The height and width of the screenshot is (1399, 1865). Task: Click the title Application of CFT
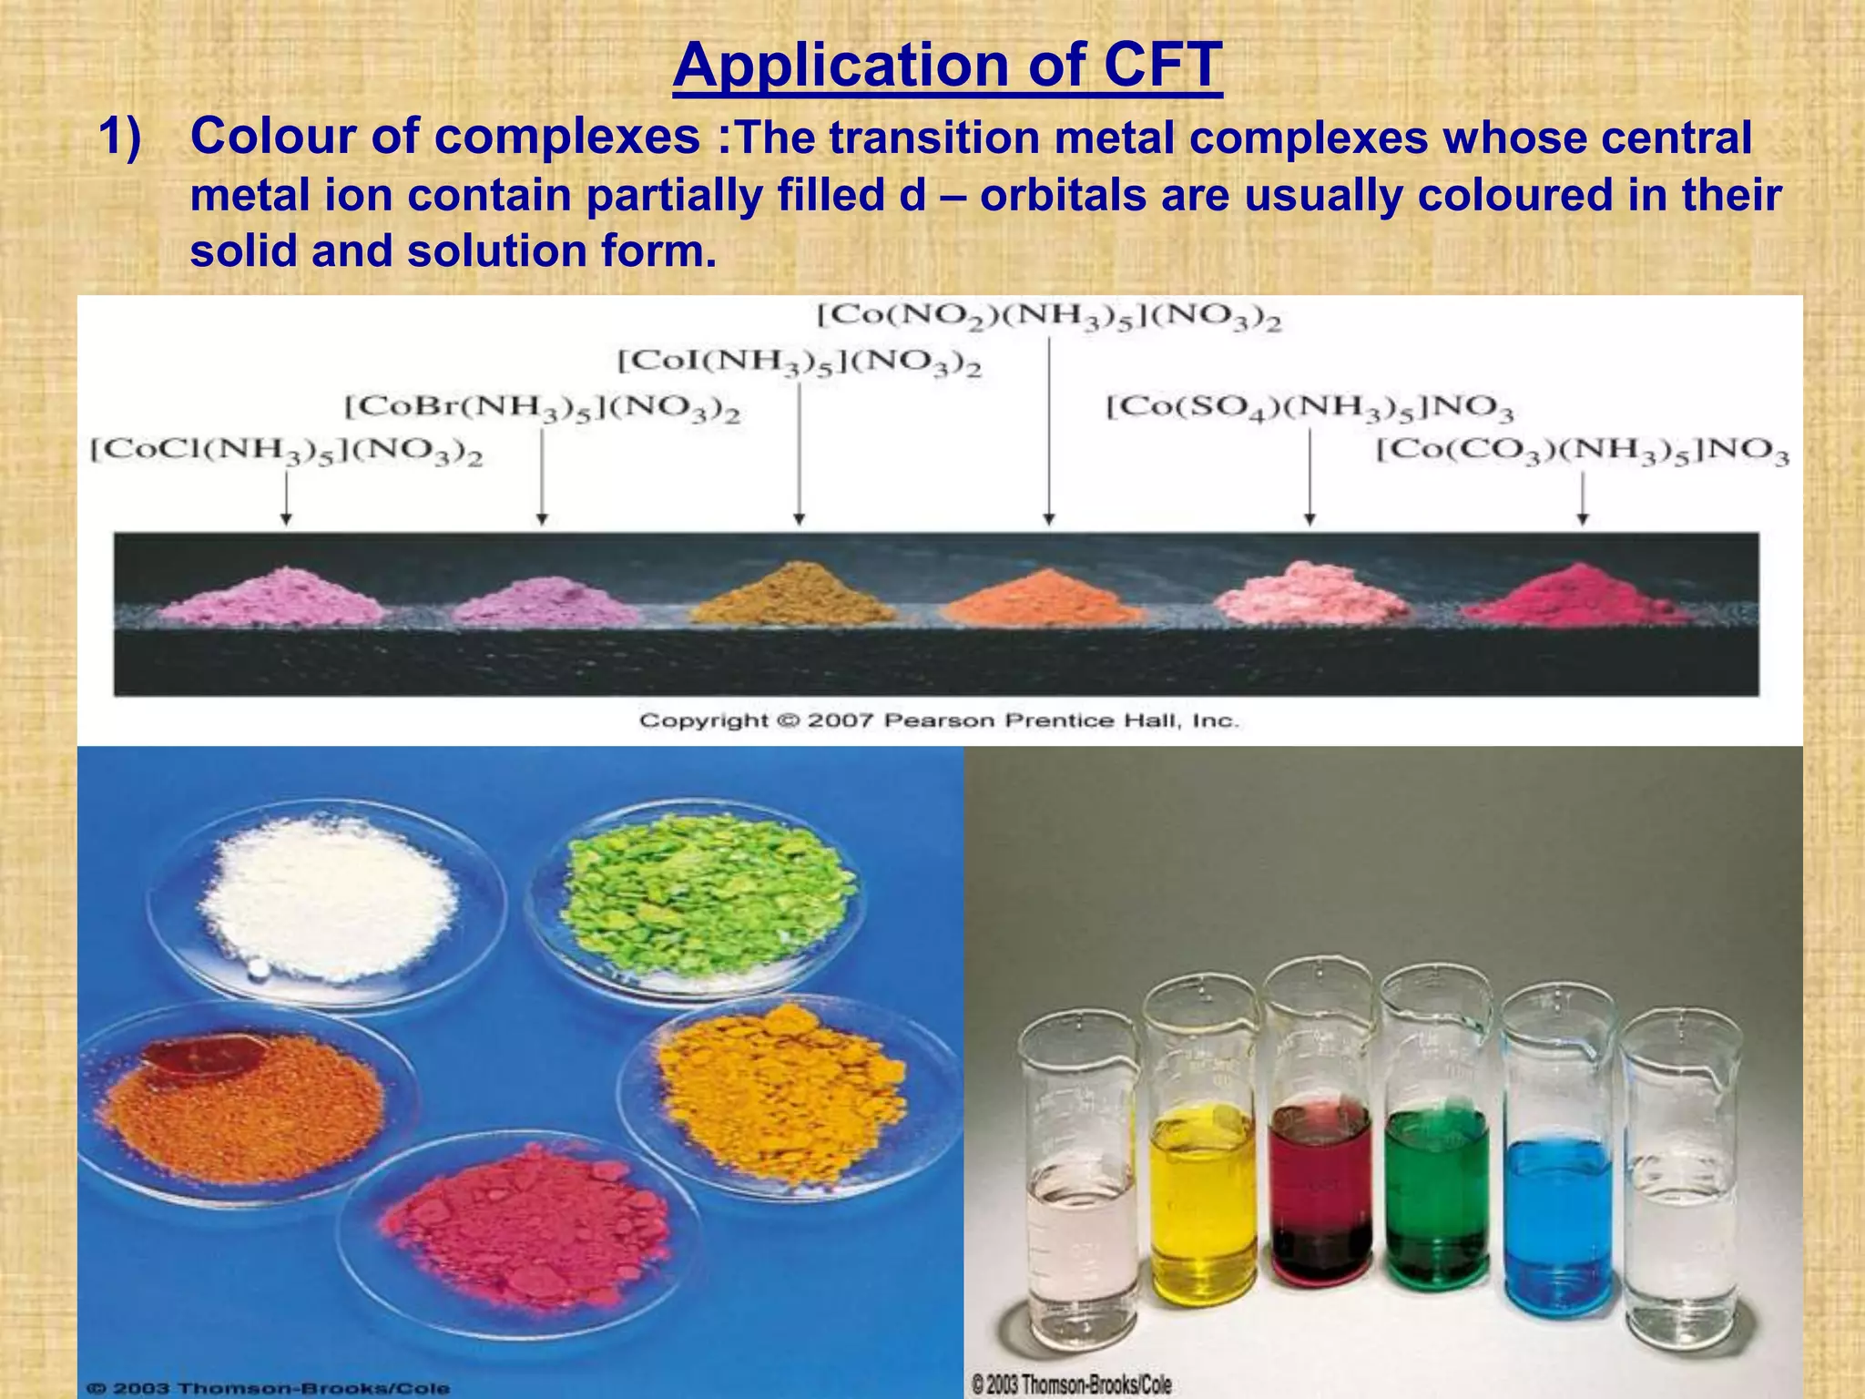[x=947, y=66]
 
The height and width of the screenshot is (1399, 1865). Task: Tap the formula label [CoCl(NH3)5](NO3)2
[x=286, y=452]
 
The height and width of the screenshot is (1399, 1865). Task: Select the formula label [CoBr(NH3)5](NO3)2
[x=542, y=408]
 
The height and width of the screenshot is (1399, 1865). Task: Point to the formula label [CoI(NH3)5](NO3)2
[x=800, y=362]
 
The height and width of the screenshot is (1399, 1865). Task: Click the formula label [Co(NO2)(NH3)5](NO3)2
[x=1049, y=317]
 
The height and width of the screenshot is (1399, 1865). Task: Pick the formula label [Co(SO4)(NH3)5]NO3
[x=1310, y=407]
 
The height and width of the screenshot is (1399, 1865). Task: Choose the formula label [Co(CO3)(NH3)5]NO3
[x=1582, y=452]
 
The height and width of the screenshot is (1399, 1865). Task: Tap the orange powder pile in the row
[x=1045, y=597]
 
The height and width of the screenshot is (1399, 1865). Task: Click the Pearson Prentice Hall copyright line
[x=939, y=720]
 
